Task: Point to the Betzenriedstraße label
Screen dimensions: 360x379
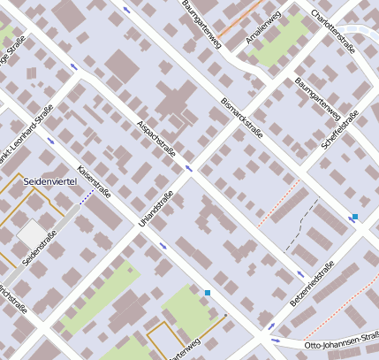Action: pyautogui.click(x=313, y=285)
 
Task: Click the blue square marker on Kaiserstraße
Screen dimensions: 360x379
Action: pyautogui.click(x=208, y=292)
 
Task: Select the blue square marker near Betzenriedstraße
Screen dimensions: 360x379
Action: pyautogui.click(x=355, y=217)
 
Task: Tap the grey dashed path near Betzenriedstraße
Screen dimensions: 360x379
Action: pyautogui.click(x=305, y=221)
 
